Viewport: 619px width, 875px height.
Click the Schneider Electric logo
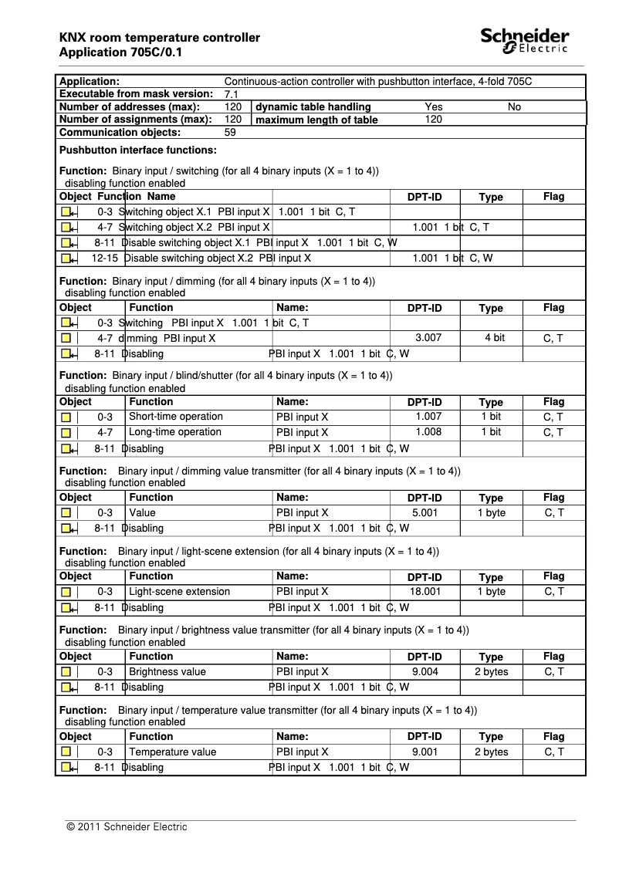525,41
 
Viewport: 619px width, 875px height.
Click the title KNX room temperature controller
159,38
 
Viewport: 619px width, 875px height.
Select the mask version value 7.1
230,94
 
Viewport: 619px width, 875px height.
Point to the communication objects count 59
230,133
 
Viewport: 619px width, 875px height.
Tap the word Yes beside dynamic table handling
434,107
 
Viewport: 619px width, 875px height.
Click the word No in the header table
514,107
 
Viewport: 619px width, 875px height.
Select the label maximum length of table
316,120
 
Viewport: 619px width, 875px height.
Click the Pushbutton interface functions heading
138,150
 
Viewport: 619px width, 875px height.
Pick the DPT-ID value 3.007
428,338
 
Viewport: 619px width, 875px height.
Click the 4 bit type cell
495,338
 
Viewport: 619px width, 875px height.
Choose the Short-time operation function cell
176,417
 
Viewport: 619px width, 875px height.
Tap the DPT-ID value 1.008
428,432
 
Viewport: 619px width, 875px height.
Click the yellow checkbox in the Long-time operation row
66,433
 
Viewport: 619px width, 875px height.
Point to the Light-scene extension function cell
179,592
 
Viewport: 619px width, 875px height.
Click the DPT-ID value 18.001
426,592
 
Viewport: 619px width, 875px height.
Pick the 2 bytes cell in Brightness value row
491,672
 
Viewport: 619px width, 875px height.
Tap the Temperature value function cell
172,752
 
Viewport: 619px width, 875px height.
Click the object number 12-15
103,258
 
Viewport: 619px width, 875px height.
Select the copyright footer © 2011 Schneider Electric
127,827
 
